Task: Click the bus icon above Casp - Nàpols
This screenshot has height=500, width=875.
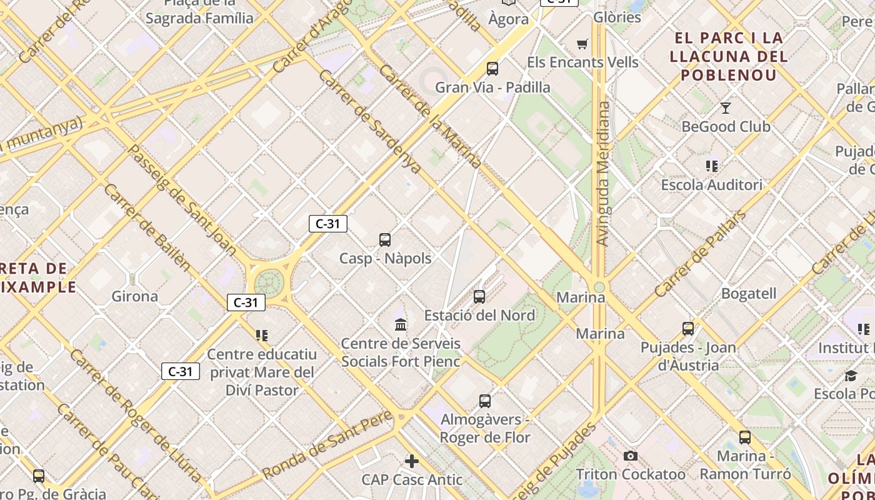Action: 385,239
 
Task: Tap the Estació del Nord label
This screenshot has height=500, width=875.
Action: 480,315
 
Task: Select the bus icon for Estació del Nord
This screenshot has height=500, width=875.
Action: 479,297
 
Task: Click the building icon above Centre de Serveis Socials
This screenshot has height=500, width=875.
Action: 401,324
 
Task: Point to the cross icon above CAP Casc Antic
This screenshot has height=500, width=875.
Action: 412,461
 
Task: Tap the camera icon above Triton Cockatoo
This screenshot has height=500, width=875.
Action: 631,456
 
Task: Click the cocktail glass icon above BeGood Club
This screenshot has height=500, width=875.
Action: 725,108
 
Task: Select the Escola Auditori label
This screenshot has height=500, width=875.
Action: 712,185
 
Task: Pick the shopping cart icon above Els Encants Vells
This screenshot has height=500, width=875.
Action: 582,44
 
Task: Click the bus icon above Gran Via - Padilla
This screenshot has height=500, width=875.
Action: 492,69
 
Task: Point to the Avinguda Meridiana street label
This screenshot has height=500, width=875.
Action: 602,174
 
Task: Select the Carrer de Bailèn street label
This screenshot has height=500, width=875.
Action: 147,227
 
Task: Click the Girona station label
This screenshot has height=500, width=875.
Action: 134,296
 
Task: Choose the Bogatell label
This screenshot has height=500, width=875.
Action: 749,293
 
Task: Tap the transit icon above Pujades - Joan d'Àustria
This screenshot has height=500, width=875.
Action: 688,329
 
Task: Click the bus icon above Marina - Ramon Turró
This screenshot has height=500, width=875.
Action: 745,437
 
